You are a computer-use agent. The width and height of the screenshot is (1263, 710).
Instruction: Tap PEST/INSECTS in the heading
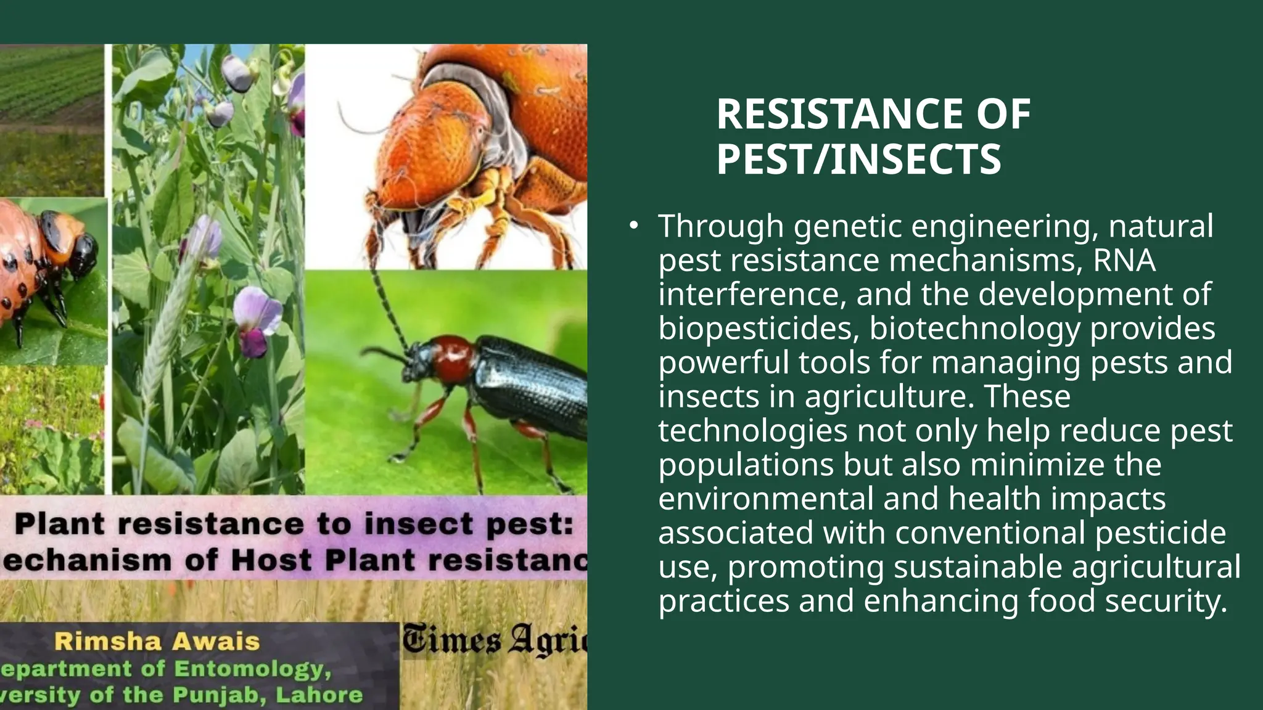[858, 160]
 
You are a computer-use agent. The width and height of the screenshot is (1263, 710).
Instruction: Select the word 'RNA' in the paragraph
[1124, 260]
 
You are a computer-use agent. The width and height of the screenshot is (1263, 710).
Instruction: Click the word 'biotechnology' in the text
[974, 328]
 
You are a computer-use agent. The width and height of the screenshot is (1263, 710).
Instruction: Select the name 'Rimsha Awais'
[157, 642]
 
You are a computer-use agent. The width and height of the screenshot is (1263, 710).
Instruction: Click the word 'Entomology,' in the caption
[253, 669]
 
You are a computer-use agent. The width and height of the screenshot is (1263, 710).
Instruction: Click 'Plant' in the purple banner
[59, 524]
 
